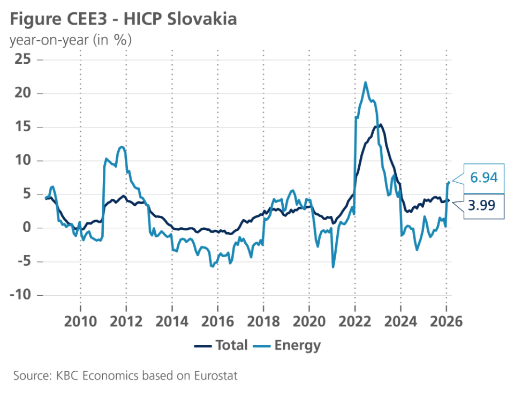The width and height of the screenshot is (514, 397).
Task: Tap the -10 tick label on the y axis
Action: click(x=19, y=295)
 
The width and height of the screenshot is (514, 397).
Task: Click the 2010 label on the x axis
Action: click(x=80, y=321)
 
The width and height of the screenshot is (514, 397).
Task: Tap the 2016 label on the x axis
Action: click(x=217, y=321)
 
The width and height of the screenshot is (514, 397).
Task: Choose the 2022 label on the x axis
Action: click(x=355, y=321)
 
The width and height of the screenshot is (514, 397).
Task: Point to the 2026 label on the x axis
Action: click(x=447, y=321)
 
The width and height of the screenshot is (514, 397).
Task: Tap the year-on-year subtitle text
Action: click(x=71, y=40)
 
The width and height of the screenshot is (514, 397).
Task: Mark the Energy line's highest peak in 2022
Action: click(x=365, y=83)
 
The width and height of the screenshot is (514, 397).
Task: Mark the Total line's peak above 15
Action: click(x=380, y=125)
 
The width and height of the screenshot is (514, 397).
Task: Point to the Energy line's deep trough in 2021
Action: click(x=333, y=267)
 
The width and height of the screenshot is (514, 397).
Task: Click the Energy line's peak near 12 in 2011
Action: click(x=123, y=147)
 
